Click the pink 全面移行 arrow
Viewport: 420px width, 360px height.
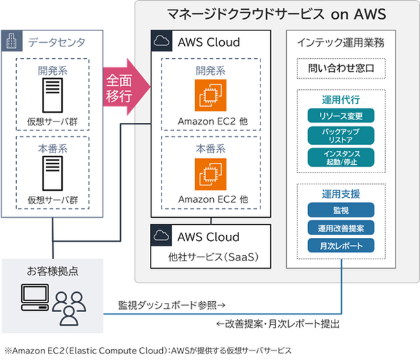click(127, 87)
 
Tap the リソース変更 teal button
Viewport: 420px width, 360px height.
click(341, 116)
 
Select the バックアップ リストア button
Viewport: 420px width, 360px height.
click(341, 136)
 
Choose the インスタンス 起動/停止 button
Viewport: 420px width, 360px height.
click(341, 158)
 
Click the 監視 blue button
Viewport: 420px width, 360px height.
click(341, 210)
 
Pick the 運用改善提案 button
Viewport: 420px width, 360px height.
click(341, 228)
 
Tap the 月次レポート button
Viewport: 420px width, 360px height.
click(341, 246)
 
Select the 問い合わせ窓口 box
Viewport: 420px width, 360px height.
click(341, 69)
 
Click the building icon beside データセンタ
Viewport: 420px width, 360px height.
click(12, 41)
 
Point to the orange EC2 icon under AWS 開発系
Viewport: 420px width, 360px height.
click(211, 96)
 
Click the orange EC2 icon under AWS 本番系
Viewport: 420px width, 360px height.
click(211, 174)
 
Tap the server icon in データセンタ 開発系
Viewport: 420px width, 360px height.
click(52, 96)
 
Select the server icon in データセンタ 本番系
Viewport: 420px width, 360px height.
click(52, 173)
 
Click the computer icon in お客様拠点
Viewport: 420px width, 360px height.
click(35, 297)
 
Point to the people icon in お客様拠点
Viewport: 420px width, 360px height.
click(69, 308)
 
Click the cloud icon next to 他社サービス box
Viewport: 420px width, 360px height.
click(162, 235)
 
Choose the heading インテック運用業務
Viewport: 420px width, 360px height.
click(341, 43)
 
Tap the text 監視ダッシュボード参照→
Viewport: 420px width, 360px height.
click(172, 305)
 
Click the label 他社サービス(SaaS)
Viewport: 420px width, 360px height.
click(213, 257)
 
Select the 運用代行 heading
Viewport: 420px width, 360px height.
click(341, 100)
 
